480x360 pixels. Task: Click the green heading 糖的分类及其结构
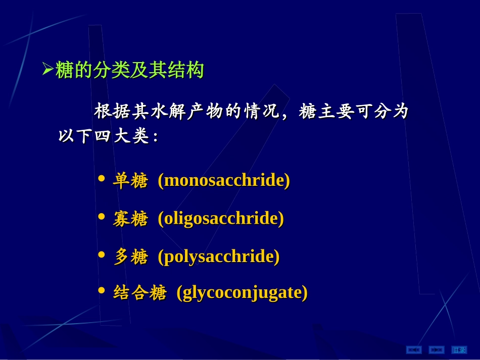pos(129,70)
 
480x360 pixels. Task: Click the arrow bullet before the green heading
pos(47,69)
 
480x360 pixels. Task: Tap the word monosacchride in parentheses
pos(224,180)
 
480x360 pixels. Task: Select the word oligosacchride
pos(221,218)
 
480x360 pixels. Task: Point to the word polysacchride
pos(219,256)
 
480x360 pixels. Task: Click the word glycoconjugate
pos(242,292)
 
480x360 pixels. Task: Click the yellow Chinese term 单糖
pos(130,181)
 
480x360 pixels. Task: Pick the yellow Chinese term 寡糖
pos(130,219)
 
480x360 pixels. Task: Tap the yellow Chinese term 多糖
pos(130,256)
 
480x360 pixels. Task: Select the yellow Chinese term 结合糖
pos(139,292)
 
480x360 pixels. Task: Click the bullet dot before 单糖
pos(102,178)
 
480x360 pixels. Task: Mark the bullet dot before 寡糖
pos(102,216)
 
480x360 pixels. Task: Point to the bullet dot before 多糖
pos(102,254)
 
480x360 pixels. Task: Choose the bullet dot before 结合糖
pos(102,290)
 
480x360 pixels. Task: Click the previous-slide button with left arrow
pos(414,349)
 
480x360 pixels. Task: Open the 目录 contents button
pos(459,349)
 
